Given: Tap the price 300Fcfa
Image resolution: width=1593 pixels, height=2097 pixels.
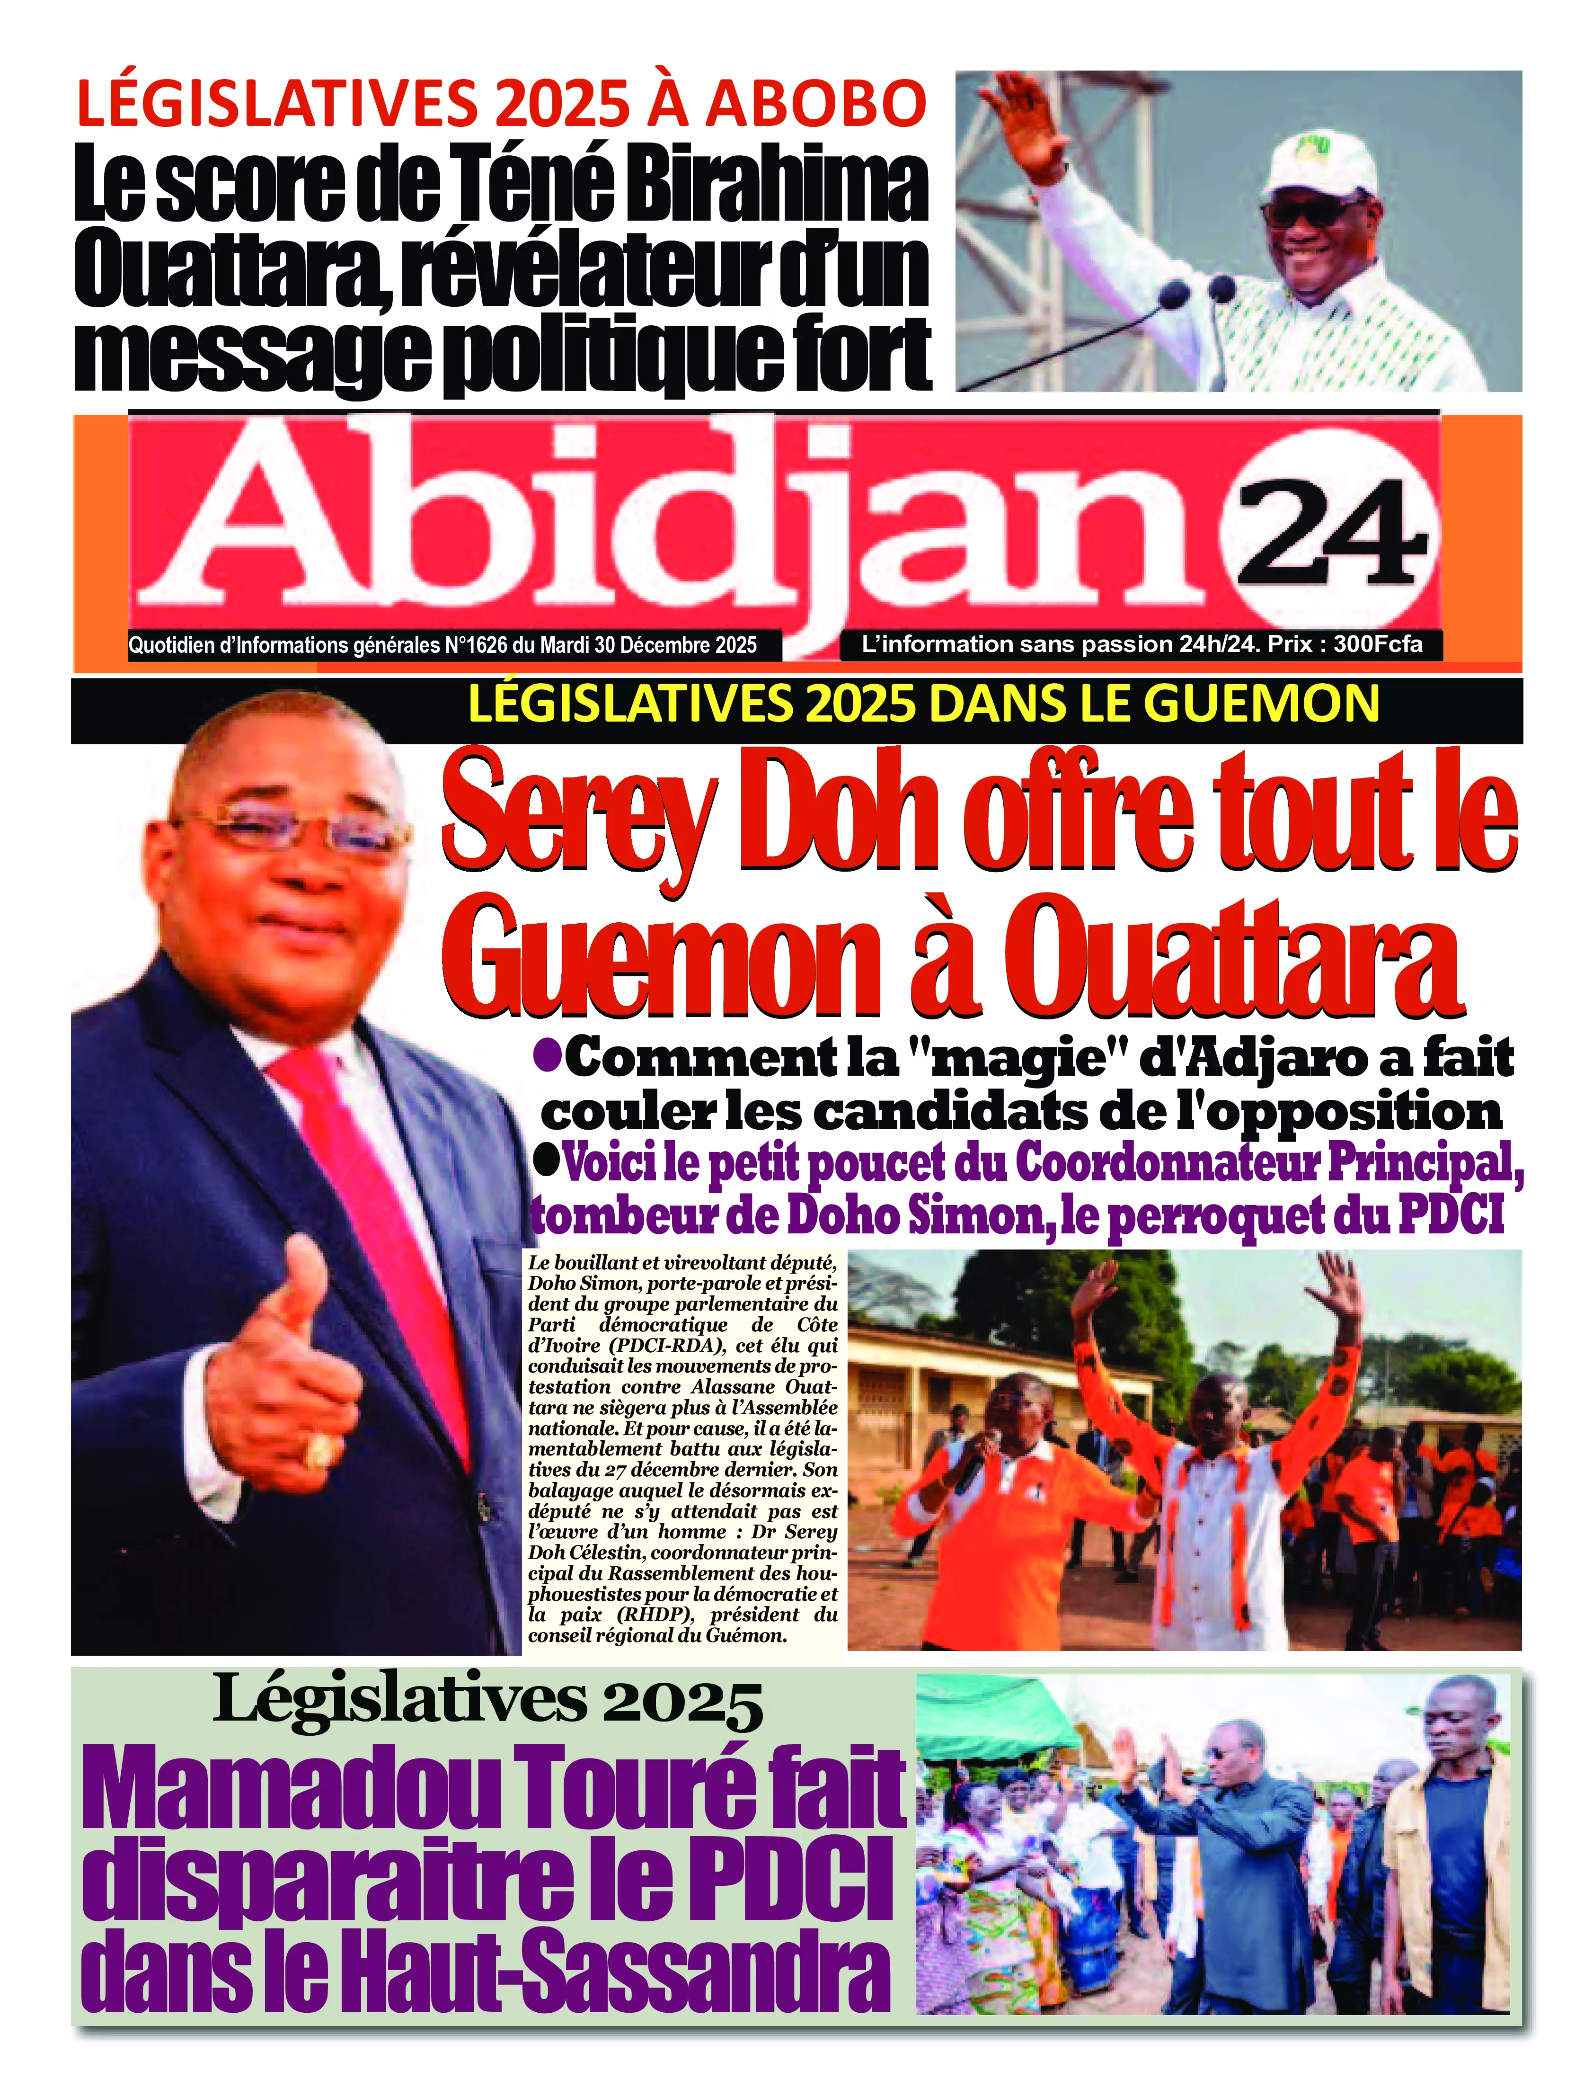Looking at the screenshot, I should pos(1377,644).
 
